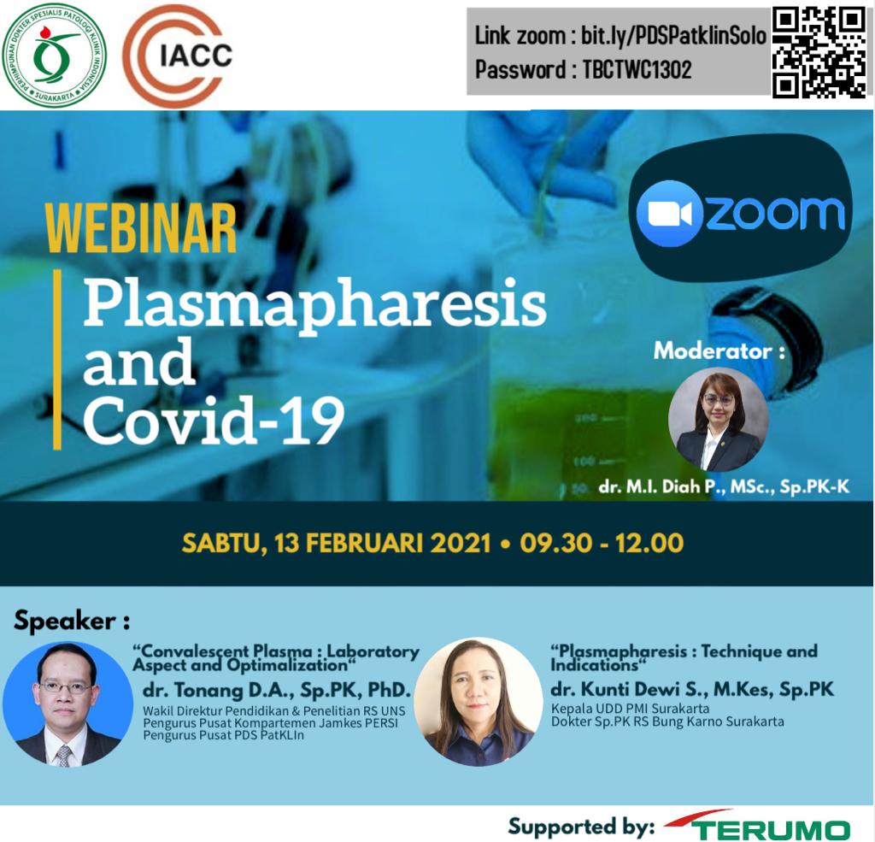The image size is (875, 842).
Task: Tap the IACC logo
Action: click(178, 55)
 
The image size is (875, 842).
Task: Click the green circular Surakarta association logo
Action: click(54, 55)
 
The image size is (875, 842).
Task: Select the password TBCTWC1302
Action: click(637, 70)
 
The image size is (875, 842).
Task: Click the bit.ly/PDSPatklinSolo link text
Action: click(673, 36)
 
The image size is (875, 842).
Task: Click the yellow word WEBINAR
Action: click(142, 229)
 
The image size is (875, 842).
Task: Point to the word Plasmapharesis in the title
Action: click(314, 306)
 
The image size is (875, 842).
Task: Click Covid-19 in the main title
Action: click(213, 420)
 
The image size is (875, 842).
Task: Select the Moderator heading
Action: click(719, 350)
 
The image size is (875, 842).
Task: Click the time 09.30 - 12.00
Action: click(602, 544)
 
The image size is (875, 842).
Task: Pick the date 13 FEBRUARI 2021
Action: click(383, 544)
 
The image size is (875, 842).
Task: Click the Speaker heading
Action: click(72, 621)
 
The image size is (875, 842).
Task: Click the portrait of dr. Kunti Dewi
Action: click(479, 701)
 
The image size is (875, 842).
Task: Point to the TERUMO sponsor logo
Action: click(758, 826)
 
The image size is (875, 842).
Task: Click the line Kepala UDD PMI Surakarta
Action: click(630, 709)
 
